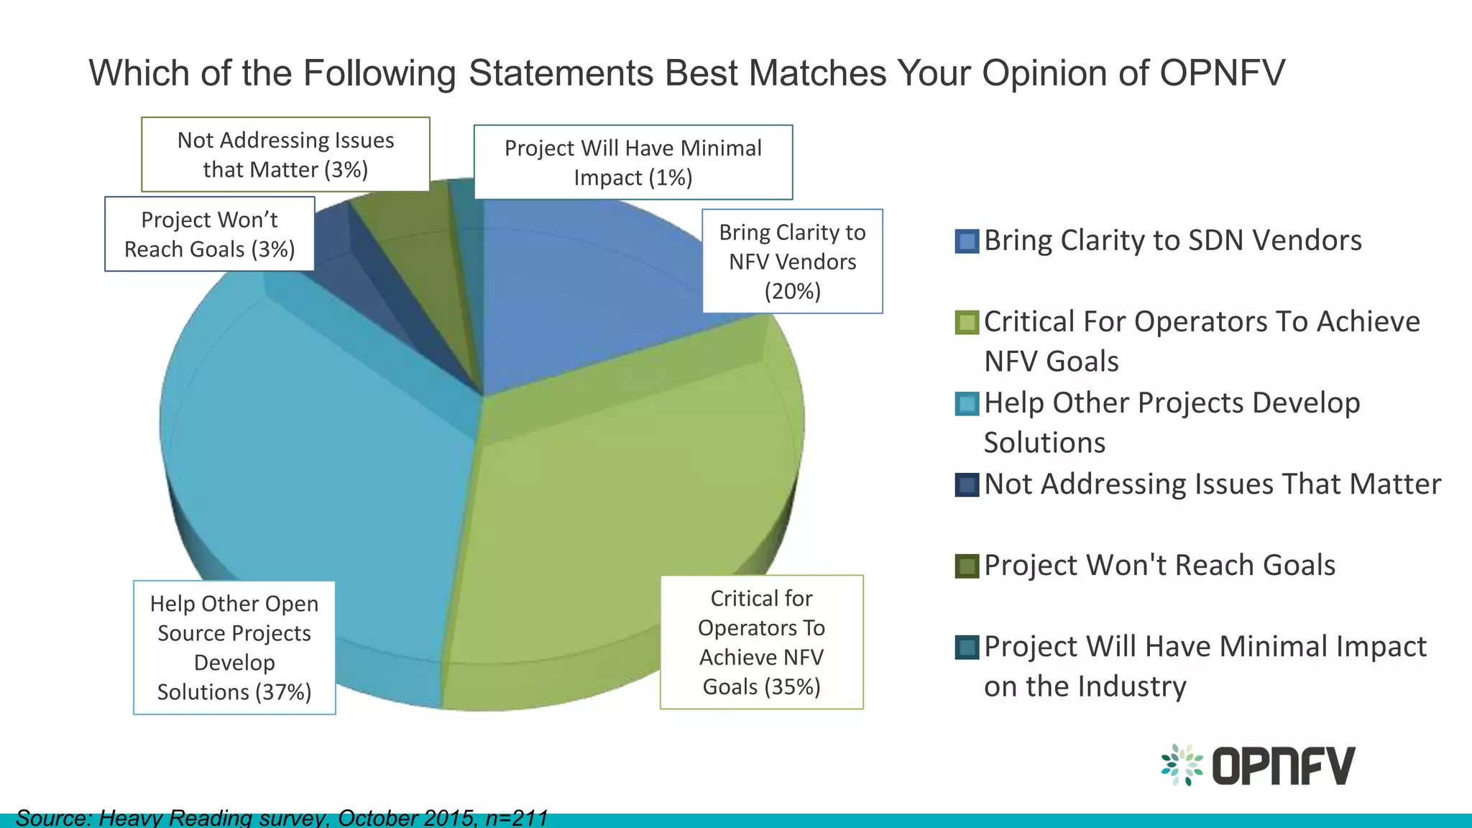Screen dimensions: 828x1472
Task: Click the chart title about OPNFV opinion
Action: pyautogui.click(x=686, y=73)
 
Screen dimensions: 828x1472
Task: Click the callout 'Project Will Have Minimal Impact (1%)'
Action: pyautogui.click(x=632, y=162)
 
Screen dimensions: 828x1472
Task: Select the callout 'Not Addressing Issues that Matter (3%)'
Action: pyautogui.click(x=285, y=155)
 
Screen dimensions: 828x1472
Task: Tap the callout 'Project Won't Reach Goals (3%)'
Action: pyautogui.click(x=209, y=234)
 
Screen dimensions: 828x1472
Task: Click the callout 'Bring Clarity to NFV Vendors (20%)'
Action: pyautogui.click(x=792, y=262)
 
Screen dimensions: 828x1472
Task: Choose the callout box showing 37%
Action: pyautogui.click(x=234, y=648)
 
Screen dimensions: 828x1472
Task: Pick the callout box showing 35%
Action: pyautogui.click(x=761, y=642)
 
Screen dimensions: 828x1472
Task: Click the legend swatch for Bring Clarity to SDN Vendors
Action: pyautogui.click(x=967, y=241)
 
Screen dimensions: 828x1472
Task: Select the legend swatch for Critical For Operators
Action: pyautogui.click(x=967, y=323)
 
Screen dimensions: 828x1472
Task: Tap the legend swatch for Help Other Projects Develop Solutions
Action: pyautogui.click(x=967, y=404)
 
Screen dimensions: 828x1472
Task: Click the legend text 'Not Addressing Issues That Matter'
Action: pyautogui.click(x=1212, y=484)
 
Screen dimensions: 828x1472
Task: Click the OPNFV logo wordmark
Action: pyautogui.click(x=1283, y=765)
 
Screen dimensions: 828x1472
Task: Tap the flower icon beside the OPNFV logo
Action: pyautogui.click(x=1182, y=765)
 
